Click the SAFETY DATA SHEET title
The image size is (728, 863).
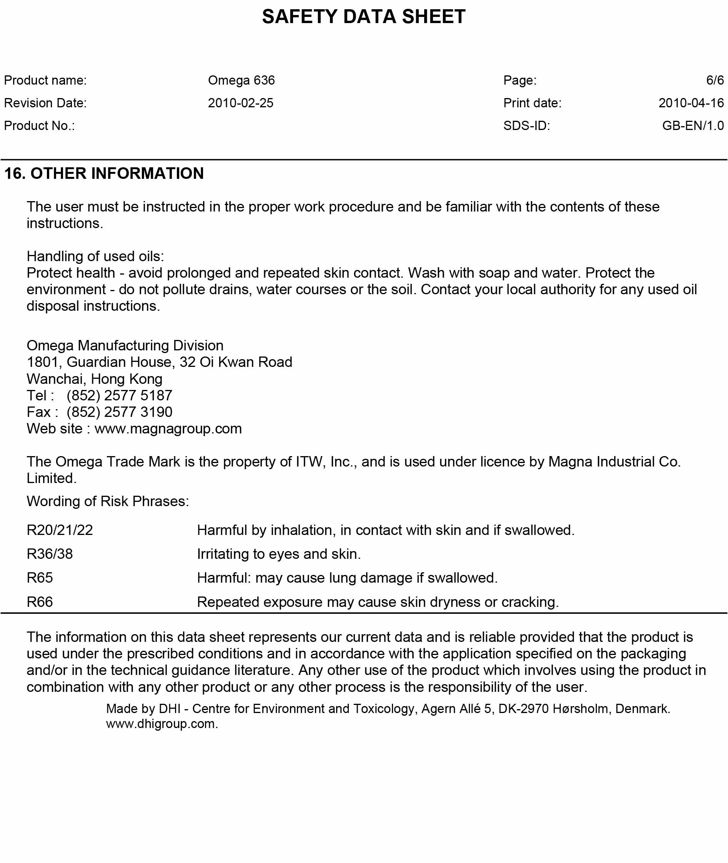[x=363, y=17]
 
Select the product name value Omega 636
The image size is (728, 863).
[x=241, y=80]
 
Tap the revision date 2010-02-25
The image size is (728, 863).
[x=241, y=103]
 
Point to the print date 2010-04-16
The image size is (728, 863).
[x=691, y=103]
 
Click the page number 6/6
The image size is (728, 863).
[x=715, y=80]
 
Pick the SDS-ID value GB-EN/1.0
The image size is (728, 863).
[x=693, y=125]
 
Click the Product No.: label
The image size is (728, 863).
[x=40, y=125]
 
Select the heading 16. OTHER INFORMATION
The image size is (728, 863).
[x=104, y=173]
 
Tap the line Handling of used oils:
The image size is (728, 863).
[x=95, y=256]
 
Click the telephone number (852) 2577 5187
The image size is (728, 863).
[x=119, y=395]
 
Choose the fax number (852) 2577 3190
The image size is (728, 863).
[x=119, y=412]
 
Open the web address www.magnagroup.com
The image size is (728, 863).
[x=168, y=428]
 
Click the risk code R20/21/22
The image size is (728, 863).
[x=60, y=530]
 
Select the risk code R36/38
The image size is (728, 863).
[x=50, y=554]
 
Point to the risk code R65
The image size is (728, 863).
[x=40, y=578]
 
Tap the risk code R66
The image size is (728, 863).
[x=40, y=602]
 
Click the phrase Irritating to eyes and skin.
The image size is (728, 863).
[x=278, y=554]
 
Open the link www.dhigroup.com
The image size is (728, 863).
[x=162, y=723]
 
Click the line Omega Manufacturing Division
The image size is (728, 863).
[x=125, y=345]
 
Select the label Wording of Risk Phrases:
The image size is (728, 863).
[x=108, y=501]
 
